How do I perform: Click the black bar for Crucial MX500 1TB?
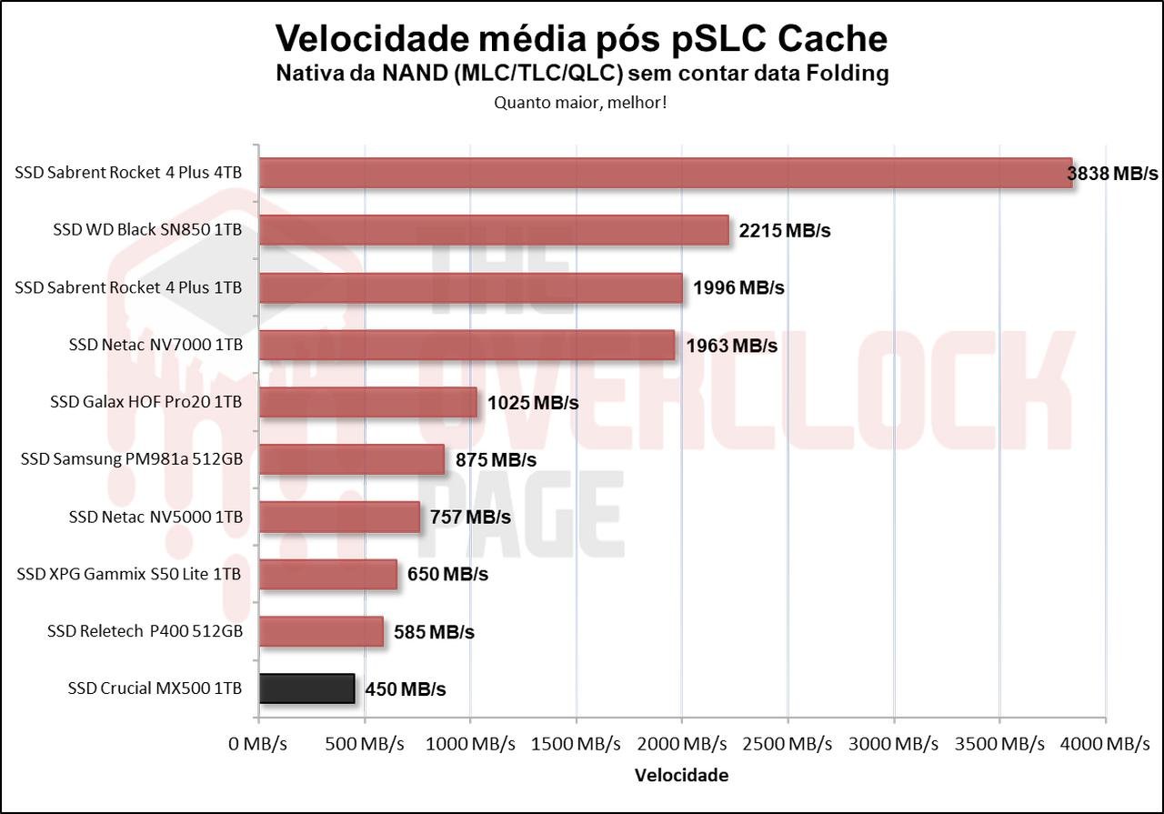[x=306, y=688]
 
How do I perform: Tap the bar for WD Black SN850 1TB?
[x=494, y=230]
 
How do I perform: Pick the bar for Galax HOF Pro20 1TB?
[x=368, y=402]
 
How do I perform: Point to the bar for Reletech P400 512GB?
[x=321, y=631]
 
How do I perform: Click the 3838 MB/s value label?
[x=1113, y=174]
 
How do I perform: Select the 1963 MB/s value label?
[x=732, y=346]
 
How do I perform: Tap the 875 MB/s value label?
[x=496, y=460]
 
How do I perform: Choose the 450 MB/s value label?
[x=406, y=689]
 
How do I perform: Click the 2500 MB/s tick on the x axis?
[x=788, y=744]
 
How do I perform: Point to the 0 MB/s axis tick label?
[x=259, y=744]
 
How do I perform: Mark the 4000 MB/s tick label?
[x=1105, y=744]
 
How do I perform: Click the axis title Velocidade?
[x=681, y=776]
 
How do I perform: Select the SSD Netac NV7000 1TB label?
[x=156, y=346]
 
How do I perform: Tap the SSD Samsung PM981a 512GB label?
[x=132, y=460]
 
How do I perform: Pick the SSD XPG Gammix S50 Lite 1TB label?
[x=129, y=575]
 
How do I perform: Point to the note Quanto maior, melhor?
[x=581, y=103]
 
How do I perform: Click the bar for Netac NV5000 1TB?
[x=339, y=517]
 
